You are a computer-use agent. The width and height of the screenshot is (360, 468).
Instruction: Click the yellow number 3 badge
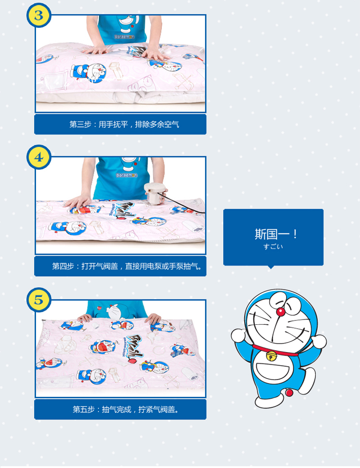tap(39, 15)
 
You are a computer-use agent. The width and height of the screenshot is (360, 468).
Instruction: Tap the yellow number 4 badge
tap(39, 157)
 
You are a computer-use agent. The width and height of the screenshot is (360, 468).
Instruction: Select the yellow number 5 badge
tap(39, 300)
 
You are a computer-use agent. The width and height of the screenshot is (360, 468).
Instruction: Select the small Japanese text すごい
tap(273, 246)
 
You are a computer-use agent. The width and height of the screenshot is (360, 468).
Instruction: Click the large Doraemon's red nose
tap(281, 312)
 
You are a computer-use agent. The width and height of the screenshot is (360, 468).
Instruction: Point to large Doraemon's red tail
tap(289, 392)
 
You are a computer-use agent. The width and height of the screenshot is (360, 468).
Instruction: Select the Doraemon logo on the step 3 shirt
tap(124, 37)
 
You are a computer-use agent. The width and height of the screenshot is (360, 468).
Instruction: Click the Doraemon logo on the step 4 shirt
tap(127, 175)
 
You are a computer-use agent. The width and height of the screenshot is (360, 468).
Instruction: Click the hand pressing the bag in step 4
tap(78, 201)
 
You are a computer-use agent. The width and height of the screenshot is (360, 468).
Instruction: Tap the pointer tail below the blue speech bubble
tap(271, 267)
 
